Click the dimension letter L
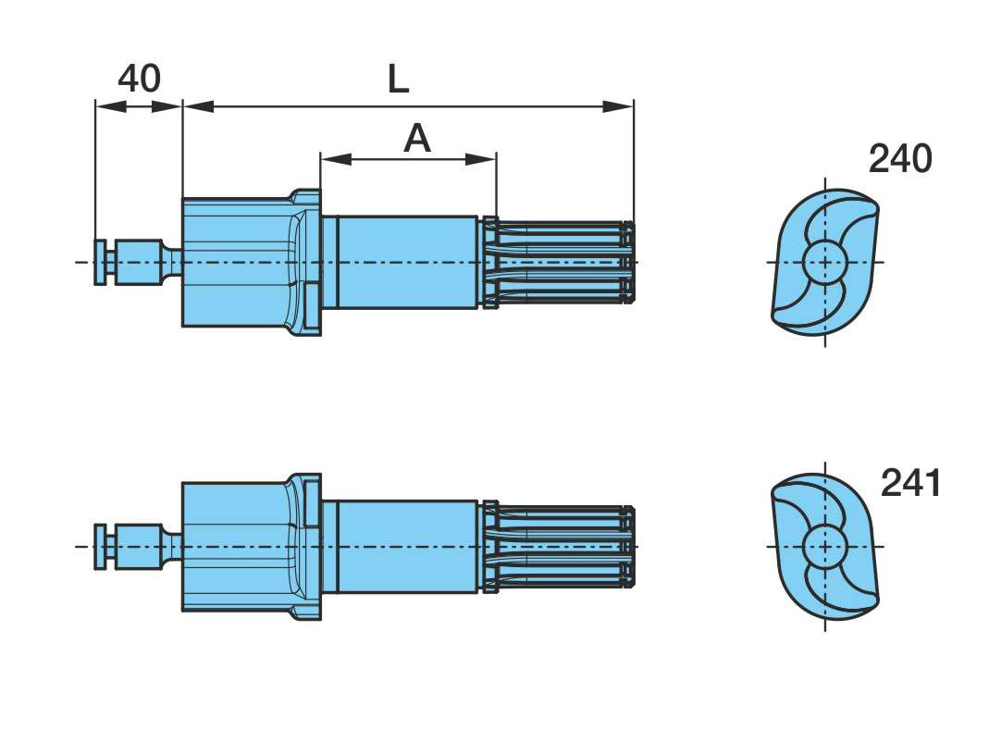398,80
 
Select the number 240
899,159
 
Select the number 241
910,483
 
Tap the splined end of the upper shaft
560,263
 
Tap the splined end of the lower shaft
560,547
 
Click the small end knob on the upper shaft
100,262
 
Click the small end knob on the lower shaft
100,547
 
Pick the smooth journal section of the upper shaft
407,262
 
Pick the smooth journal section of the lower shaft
407,547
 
